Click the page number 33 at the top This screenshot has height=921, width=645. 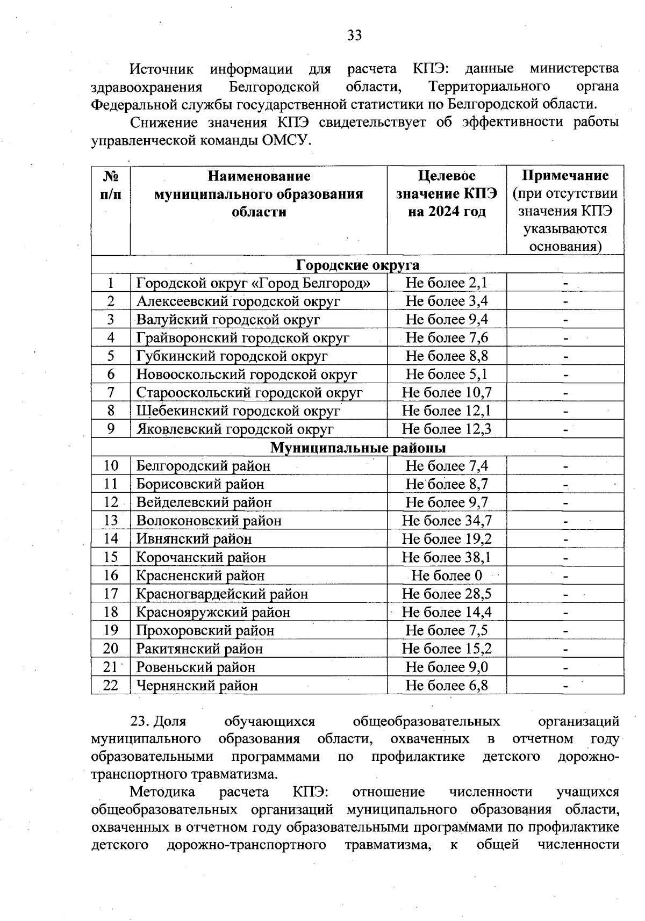[x=354, y=35]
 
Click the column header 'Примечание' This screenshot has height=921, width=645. [x=565, y=176]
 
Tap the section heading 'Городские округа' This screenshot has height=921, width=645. [x=357, y=265]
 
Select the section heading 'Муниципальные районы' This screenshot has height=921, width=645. [x=357, y=448]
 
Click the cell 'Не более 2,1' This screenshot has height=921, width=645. [x=446, y=283]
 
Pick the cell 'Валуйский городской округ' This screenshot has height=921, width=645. [x=228, y=320]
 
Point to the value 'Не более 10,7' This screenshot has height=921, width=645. [x=446, y=393]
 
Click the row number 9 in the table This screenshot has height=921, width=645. [x=111, y=429]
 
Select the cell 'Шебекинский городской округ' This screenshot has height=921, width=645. [x=238, y=411]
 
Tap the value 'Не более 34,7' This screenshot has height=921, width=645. [x=446, y=521]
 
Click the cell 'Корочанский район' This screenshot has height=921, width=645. [x=201, y=557]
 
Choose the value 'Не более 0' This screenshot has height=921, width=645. [x=446, y=575]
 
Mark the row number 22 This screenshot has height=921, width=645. [x=111, y=686]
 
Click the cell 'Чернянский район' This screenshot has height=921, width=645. [x=197, y=686]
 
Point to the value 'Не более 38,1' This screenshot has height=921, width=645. [x=446, y=557]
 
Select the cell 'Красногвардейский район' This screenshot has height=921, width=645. [x=222, y=594]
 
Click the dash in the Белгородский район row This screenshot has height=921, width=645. [x=565, y=466]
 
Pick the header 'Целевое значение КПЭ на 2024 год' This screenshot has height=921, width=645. [x=446, y=193]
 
